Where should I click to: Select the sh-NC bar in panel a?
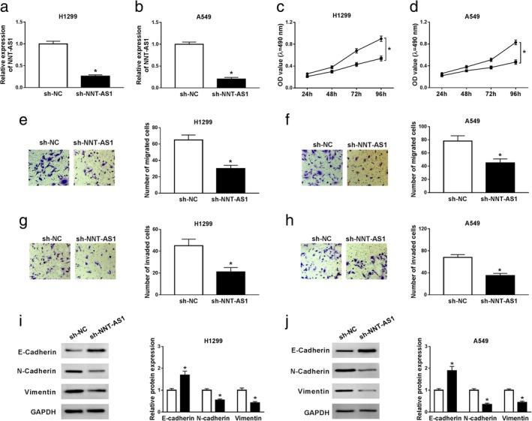click(47, 60)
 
